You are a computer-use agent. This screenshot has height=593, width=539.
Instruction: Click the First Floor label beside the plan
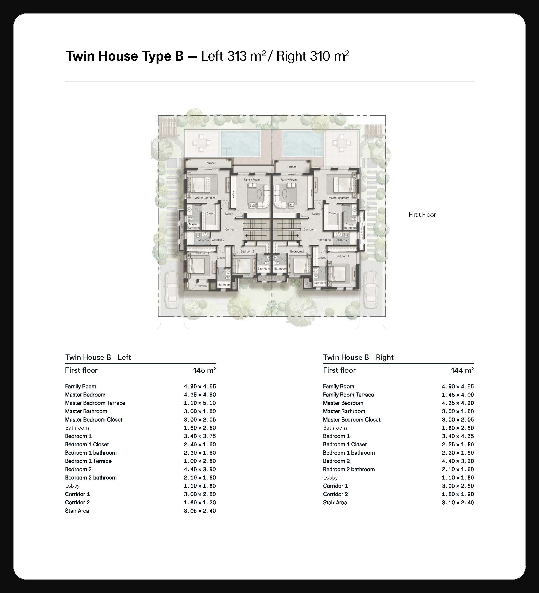pos(422,215)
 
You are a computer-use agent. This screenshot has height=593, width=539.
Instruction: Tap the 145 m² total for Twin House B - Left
pos(204,370)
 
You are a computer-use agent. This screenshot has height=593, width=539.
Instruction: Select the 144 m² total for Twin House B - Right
pos(462,370)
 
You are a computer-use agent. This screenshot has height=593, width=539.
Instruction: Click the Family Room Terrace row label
pos(348,395)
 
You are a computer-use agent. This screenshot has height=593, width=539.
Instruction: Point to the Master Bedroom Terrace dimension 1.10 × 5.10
pos(200,403)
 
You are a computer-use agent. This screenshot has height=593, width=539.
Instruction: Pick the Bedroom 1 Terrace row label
pos(88,461)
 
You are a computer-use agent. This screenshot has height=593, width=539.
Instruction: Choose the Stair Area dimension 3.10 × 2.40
pos(458,502)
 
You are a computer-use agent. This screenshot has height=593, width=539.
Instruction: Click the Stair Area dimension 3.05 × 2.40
pos(200,511)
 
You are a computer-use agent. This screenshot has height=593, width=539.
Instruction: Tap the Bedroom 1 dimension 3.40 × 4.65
pos(458,436)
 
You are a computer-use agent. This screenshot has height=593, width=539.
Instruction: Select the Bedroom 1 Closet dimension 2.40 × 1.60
pos(200,444)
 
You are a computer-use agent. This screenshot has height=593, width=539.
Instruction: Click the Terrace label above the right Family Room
pos(292,167)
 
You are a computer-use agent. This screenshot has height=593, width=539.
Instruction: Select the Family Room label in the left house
pos(252,180)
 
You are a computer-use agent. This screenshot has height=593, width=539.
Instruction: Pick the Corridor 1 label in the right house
pos(309,229)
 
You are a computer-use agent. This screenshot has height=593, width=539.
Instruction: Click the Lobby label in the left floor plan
pos(229,213)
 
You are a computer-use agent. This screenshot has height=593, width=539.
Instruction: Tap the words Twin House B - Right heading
pos(358,357)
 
